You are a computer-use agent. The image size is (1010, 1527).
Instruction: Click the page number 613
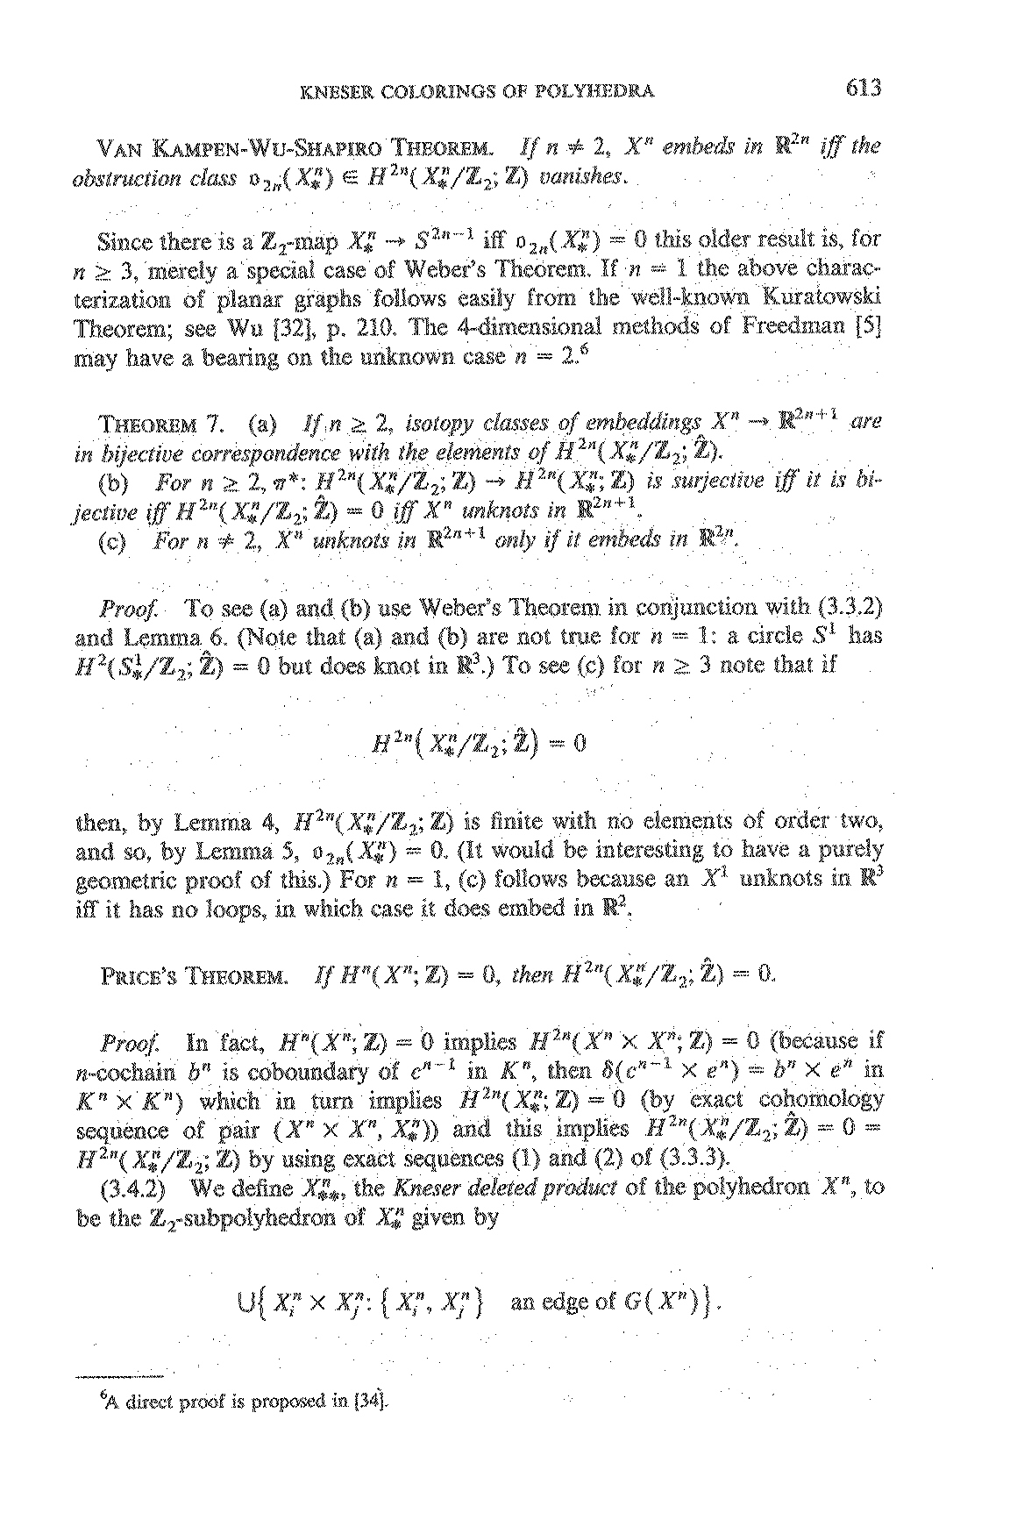863,89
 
